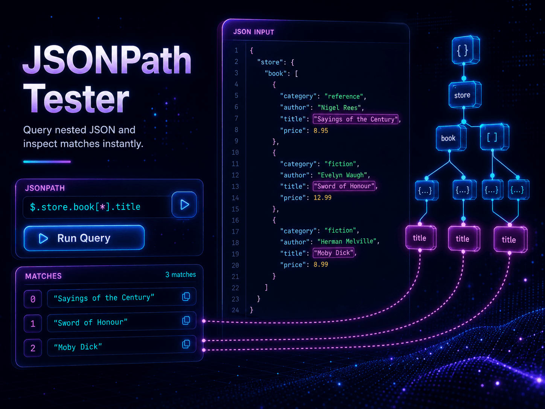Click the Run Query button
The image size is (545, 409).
[x=84, y=238]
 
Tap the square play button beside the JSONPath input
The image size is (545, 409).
[x=184, y=204]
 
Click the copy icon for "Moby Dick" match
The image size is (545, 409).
[x=186, y=344]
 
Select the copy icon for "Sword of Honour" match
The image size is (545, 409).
[x=186, y=320]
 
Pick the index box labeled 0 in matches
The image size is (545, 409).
[x=33, y=299]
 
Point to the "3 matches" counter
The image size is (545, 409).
[x=181, y=275]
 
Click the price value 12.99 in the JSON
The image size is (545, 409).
[x=322, y=198]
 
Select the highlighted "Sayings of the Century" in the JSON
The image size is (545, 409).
[x=356, y=119]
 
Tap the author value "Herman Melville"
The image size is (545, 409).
[x=347, y=241]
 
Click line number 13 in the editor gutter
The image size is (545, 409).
[x=235, y=186]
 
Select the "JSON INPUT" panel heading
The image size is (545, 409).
[x=254, y=32]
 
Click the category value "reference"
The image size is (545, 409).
[x=344, y=96]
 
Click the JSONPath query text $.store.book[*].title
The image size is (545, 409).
[x=85, y=207]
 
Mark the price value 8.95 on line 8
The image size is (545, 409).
[x=321, y=131]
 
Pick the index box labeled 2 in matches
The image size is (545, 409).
[x=33, y=348]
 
